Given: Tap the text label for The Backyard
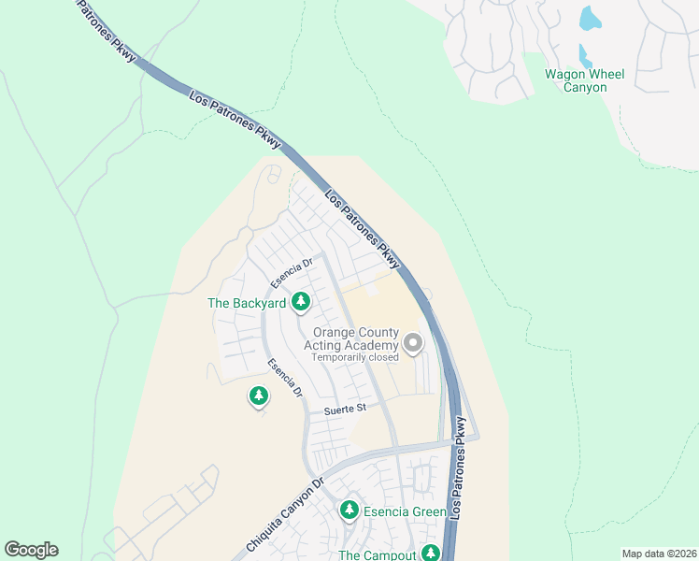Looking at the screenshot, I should pyautogui.click(x=247, y=303).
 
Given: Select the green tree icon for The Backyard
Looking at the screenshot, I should pyautogui.click(x=301, y=301).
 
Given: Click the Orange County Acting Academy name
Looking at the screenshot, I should pyautogui.click(x=355, y=339).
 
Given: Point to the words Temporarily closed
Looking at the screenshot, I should pyautogui.click(x=355, y=357).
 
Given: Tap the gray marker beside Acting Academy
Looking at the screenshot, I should pyautogui.click(x=412, y=343).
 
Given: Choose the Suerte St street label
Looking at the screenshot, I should pyautogui.click(x=344, y=410).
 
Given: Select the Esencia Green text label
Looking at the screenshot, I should pyautogui.click(x=405, y=511).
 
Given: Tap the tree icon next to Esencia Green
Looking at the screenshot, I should pyautogui.click(x=349, y=510).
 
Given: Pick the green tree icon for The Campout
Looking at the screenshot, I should pyautogui.click(x=430, y=553).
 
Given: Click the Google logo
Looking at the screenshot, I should pyautogui.click(x=31, y=550).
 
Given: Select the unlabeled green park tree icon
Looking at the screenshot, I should pyautogui.click(x=259, y=396).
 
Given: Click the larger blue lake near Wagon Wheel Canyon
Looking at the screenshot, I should pyautogui.click(x=590, y=18).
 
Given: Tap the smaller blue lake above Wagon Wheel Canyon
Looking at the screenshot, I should pyautogui.click(x=585, y=55).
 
